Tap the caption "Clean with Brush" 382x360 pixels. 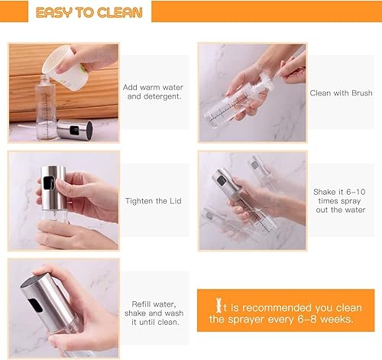tap(341, 92)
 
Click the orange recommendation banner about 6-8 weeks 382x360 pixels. tap(286, 311)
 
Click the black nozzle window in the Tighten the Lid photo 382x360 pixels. tap(50, 183)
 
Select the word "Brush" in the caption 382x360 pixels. tap(360, 92)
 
